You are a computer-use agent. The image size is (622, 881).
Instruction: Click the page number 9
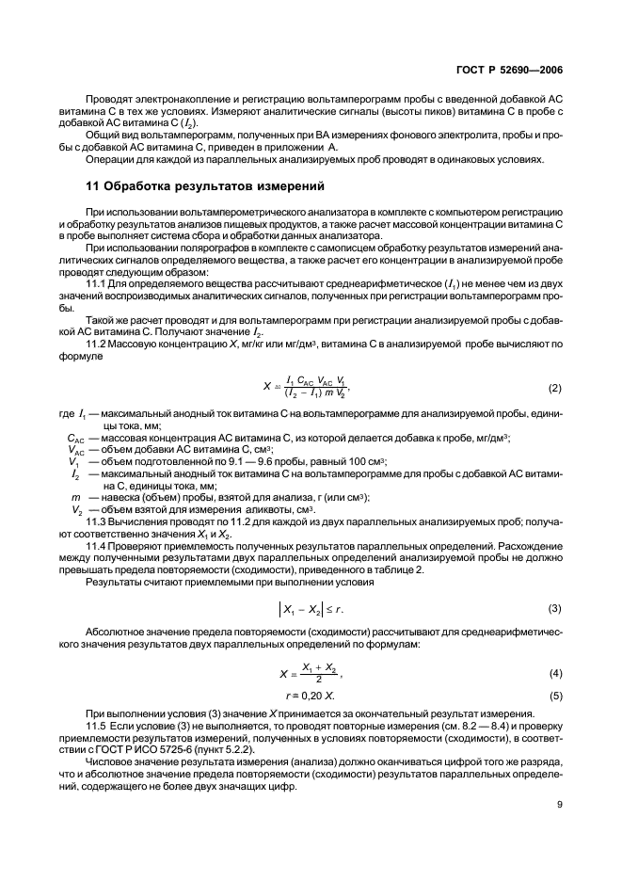[x=559, y=804]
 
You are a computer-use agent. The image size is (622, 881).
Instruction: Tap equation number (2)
[x=555, y=388]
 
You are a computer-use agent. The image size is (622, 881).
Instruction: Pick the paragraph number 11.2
[x=97, y=344]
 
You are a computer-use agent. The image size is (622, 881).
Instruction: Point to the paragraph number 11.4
[x=97, y=545]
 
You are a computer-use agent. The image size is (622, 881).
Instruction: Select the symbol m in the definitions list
[x=74, y=496]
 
